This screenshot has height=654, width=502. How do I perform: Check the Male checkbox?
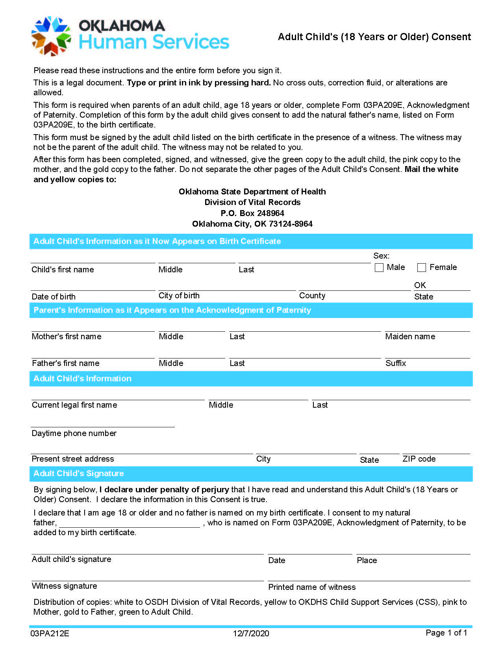click(379, 268)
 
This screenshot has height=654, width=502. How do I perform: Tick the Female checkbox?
click(422, 268)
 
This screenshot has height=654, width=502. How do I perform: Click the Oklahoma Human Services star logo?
click(51, 36)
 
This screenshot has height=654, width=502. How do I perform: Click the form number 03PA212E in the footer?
click(50, 633)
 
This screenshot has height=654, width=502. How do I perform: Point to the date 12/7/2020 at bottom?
click(251, 633)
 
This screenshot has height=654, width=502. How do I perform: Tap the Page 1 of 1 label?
click(446, 632)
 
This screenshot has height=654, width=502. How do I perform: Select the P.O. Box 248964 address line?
click(252, 213)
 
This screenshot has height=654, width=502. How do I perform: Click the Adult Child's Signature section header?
click(78, 473)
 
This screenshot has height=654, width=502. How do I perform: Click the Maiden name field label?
click(410, 336)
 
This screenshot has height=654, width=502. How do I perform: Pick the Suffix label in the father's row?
click(395, 363)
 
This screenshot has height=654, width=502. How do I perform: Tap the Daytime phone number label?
click(74, 433)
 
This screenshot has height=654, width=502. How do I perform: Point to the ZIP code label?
click(419, 459)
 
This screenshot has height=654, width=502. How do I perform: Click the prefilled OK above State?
click(420, 285)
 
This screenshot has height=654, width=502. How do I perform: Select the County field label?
click(312, 296)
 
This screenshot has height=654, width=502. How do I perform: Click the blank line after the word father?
click(130, 523)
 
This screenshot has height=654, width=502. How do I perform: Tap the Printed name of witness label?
click(311, 587)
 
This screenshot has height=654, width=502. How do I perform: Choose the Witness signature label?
click(64, 586)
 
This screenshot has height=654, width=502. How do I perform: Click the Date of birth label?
click(54, 297)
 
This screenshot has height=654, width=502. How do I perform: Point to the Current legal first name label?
click(74, 405)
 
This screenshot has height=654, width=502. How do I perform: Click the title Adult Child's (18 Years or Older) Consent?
click(374, 37)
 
